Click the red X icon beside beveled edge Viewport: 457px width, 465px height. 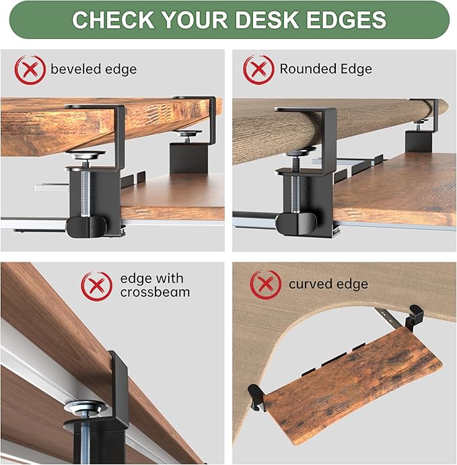[30, 69]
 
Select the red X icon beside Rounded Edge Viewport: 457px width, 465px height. [258, 69]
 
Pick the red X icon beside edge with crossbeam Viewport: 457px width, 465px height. [96, 285]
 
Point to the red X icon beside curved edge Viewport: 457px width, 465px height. [265, 284]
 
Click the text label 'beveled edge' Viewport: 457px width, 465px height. [94, 69]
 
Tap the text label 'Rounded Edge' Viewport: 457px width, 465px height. [326, 69]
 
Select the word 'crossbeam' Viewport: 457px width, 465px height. [155, 292]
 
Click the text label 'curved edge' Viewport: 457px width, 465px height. [328, 284]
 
